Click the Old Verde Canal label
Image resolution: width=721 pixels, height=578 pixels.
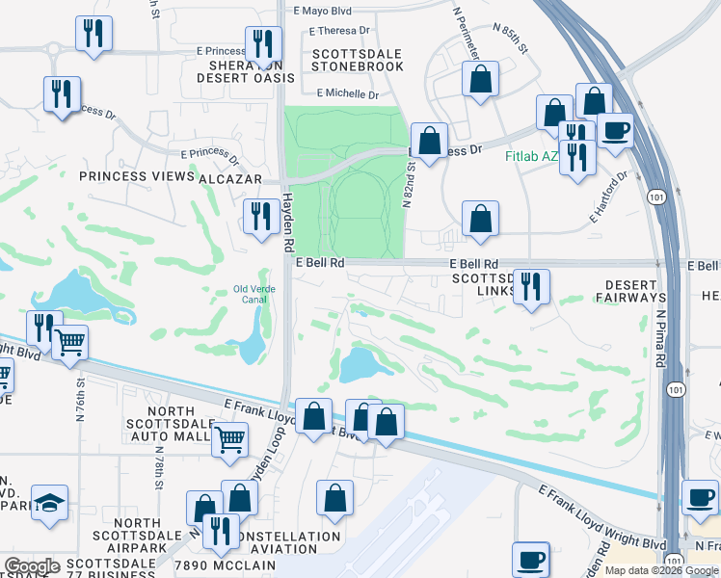pos(255,292)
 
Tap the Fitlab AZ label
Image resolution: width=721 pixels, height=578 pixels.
pos(530,154)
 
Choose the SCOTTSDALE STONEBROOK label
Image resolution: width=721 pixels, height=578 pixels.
pos(358,60)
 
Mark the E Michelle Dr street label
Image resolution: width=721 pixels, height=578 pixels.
pos(347,94)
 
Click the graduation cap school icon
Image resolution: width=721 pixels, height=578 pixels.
pos(49,503)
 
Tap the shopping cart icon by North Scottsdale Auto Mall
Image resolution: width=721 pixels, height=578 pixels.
pos(229,438)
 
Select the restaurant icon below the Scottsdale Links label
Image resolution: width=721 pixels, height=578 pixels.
pos(531,287)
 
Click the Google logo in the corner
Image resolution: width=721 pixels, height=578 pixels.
pos(32,566)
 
